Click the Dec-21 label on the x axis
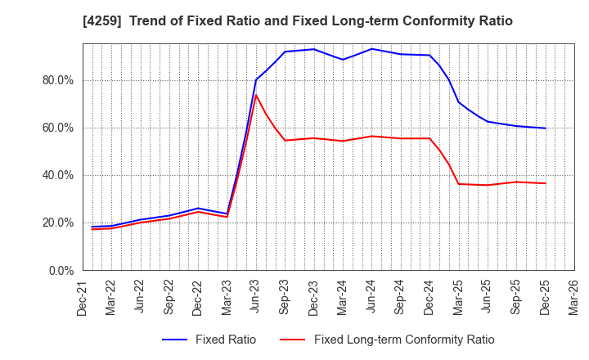point(83,298)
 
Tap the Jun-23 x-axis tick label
point(256,298)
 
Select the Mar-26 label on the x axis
point(573,298)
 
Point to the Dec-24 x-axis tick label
point(429,298)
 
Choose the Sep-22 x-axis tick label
point(169,298)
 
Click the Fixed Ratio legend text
point(226,340)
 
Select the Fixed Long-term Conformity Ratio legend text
point(404,340)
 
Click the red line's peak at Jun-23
point(256,95)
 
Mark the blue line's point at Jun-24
point(371,48)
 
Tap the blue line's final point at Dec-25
point(545,128)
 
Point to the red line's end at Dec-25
point(545,183)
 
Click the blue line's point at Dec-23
point(313,49)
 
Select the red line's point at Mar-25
point(458,183)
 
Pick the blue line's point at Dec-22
point(198,208)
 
